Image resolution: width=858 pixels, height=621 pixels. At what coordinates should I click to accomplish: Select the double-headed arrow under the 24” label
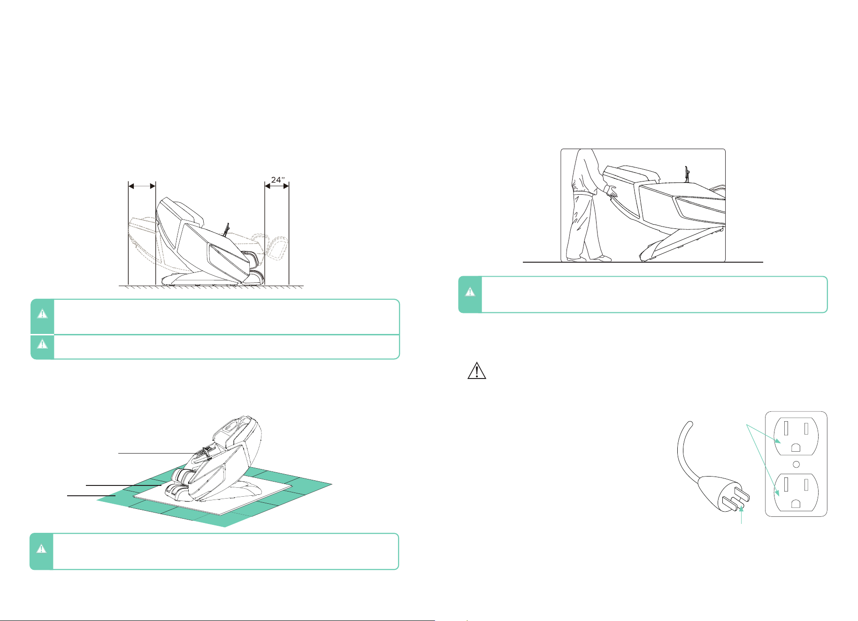click(x=277, y=186)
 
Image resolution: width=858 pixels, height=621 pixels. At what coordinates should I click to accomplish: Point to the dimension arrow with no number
click(x=142, y=186)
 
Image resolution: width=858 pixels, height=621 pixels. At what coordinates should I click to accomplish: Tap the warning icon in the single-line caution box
click(x=42, y=344)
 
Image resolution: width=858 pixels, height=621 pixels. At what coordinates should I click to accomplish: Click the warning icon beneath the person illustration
click(x=470, y=292)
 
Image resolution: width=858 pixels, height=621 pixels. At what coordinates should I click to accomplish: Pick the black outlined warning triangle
click(x=477, y=370)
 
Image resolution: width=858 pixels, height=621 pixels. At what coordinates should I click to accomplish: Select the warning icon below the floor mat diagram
click(x=41, y=548)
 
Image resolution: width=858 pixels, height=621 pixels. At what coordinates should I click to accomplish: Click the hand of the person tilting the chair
click(x=612, y=190)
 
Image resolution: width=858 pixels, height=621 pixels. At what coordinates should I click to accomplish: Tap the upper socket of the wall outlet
click(x=796, y=436)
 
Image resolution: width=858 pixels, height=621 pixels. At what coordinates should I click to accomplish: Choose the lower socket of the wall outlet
click(x=796, y=492)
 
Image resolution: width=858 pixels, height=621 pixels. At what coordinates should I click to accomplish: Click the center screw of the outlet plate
click(x=796, y=464)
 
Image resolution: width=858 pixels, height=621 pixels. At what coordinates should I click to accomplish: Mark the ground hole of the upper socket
click(x=796, y=447)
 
